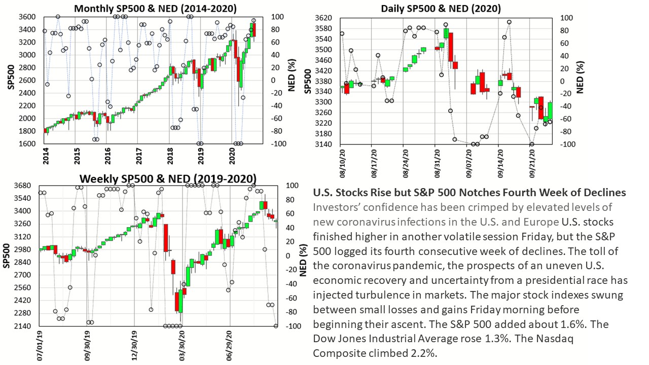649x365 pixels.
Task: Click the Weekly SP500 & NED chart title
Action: pos(168,178)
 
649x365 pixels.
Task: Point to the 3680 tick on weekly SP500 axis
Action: pos(24,186)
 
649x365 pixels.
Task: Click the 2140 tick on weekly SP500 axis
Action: pos(24,326)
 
